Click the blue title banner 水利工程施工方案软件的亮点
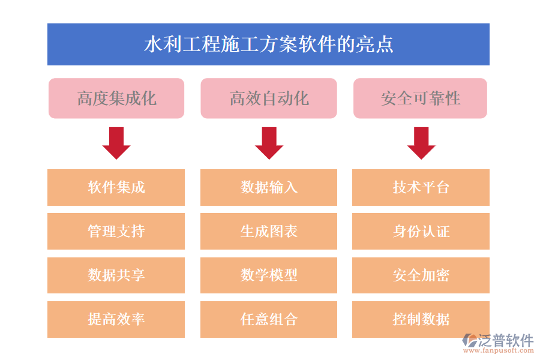(x=268, y=44)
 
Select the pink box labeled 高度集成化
(x=116, y=98)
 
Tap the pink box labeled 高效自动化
(x=269, y=98)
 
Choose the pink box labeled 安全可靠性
(x=420, y=98)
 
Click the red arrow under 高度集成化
(x=116, y=143)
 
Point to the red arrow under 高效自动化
(x=269, y=143)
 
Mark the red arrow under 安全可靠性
(x=421, y=143)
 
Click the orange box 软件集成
(x=116, y=187)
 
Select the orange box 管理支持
(x=116, y=231)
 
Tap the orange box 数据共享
(x=116, y=275)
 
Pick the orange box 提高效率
(x=116, y=319)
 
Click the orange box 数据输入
(x=269, y=187)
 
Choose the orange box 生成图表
(x=269, y=231)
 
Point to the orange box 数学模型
(x=269, y=275)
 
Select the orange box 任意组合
(x=269, y=319)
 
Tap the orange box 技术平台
(x=421, y=187)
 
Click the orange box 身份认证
(x=421, y=231)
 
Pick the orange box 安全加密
(x=421, y=275)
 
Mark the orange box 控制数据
(x=421, y=319)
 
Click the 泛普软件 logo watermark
(x=497, y=342)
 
